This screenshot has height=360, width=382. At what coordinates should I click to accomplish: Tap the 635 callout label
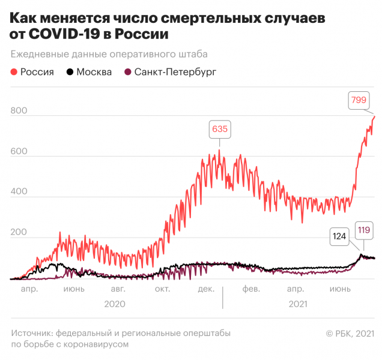click(219, 129)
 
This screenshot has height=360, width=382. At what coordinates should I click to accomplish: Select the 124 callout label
click(340, 236)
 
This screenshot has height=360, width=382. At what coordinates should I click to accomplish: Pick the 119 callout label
click(363, 229)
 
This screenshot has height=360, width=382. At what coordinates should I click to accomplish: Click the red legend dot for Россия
click(14, 73)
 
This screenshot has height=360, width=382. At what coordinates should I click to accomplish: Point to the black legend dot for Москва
click(70, 73)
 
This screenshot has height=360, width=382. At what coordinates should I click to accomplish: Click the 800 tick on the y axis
click(19, 112)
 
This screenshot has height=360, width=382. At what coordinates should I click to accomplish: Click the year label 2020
click(114, 304)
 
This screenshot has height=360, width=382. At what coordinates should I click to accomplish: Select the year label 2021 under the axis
click(298, 304)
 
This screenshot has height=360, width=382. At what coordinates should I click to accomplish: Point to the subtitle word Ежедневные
click(40, 54)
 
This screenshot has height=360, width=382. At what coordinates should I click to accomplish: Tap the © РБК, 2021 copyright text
click(349, 334)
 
